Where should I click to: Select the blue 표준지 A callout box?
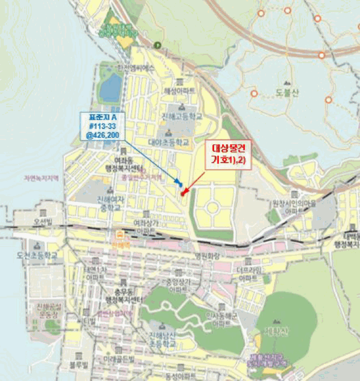102,126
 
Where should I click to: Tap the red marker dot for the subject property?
184,192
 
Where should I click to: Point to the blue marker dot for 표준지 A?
180,185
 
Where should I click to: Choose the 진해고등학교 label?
181,116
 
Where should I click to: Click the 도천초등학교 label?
40,254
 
